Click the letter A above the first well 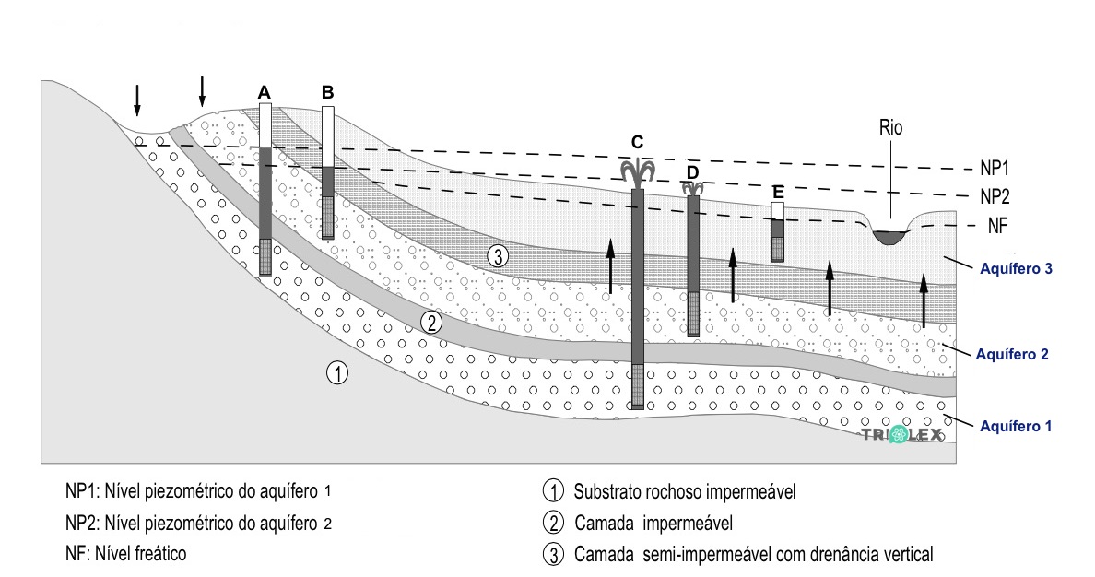pos(265,93)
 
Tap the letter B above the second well pos(327,92)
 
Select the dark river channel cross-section pos(889,237)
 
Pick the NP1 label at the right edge pos(995,170)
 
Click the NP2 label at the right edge pos(995,196)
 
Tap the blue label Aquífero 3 pos(1013,269)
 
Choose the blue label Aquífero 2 pos(1013,353)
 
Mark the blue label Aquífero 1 pos(1013,426)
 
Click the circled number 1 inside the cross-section pos(337,373)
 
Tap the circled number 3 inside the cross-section pos(497,256)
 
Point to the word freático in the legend pos(160,554)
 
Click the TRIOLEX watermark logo pos(901,435)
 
